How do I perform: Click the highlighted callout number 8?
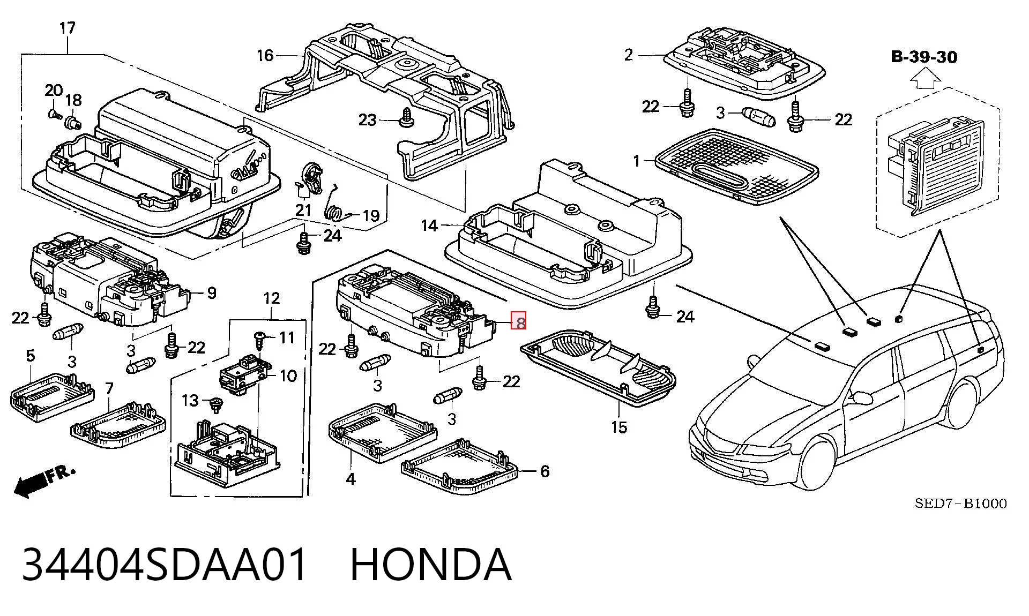(520, 321)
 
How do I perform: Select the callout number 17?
(67, 28)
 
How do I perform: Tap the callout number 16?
(265, 55)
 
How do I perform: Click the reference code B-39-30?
(924, 57)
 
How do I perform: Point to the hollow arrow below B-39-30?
(926, 81)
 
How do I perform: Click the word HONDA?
(431, 564)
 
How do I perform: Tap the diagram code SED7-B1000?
(960, 504)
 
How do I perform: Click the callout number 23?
(367, 120)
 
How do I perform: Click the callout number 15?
(619, 427)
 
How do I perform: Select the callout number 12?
(272, 298)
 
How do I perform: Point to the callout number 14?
(429, 226)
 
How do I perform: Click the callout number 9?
(212, 292)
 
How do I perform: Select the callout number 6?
(545, 471)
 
